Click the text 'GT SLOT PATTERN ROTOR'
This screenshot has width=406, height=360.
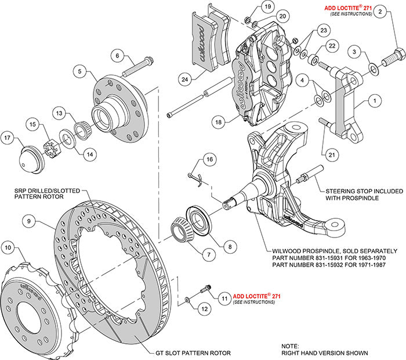[193, 352]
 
